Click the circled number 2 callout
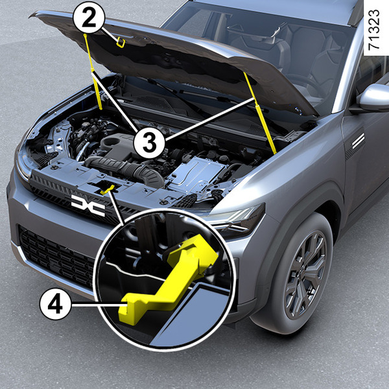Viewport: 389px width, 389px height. coord(89,18)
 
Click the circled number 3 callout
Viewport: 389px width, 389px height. coord(149,143)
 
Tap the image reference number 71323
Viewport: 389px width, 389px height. coord(373,30)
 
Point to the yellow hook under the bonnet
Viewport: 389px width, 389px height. coord(121,42)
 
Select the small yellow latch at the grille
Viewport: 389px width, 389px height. coord(108,190)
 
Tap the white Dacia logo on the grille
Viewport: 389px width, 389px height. coord(88,206)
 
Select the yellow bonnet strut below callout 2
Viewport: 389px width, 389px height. coord(93,72)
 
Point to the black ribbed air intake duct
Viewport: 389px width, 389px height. coord(124,170)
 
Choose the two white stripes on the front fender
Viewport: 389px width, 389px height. coord(358,141)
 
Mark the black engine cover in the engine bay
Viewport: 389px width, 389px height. coord(115,145)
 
